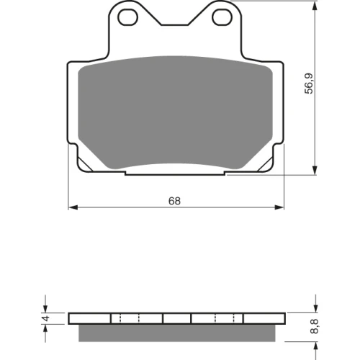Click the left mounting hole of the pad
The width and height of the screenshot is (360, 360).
coord(128,17)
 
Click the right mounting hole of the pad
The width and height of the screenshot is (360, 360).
coord(222,17)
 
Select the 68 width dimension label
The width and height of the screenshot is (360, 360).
coord(174,201)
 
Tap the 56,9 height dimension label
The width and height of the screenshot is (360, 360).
coord(309,84)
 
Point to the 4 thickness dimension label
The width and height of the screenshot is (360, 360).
coord(46,318)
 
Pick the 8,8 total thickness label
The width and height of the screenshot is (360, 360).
coord(315,326)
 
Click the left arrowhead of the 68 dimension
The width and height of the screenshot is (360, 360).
coord(73,207)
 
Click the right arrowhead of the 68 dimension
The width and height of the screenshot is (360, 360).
coord(279,207)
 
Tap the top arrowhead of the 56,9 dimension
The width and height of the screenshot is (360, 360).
coord(316,5)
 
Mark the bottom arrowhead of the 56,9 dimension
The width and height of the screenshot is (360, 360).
coord(316,170)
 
